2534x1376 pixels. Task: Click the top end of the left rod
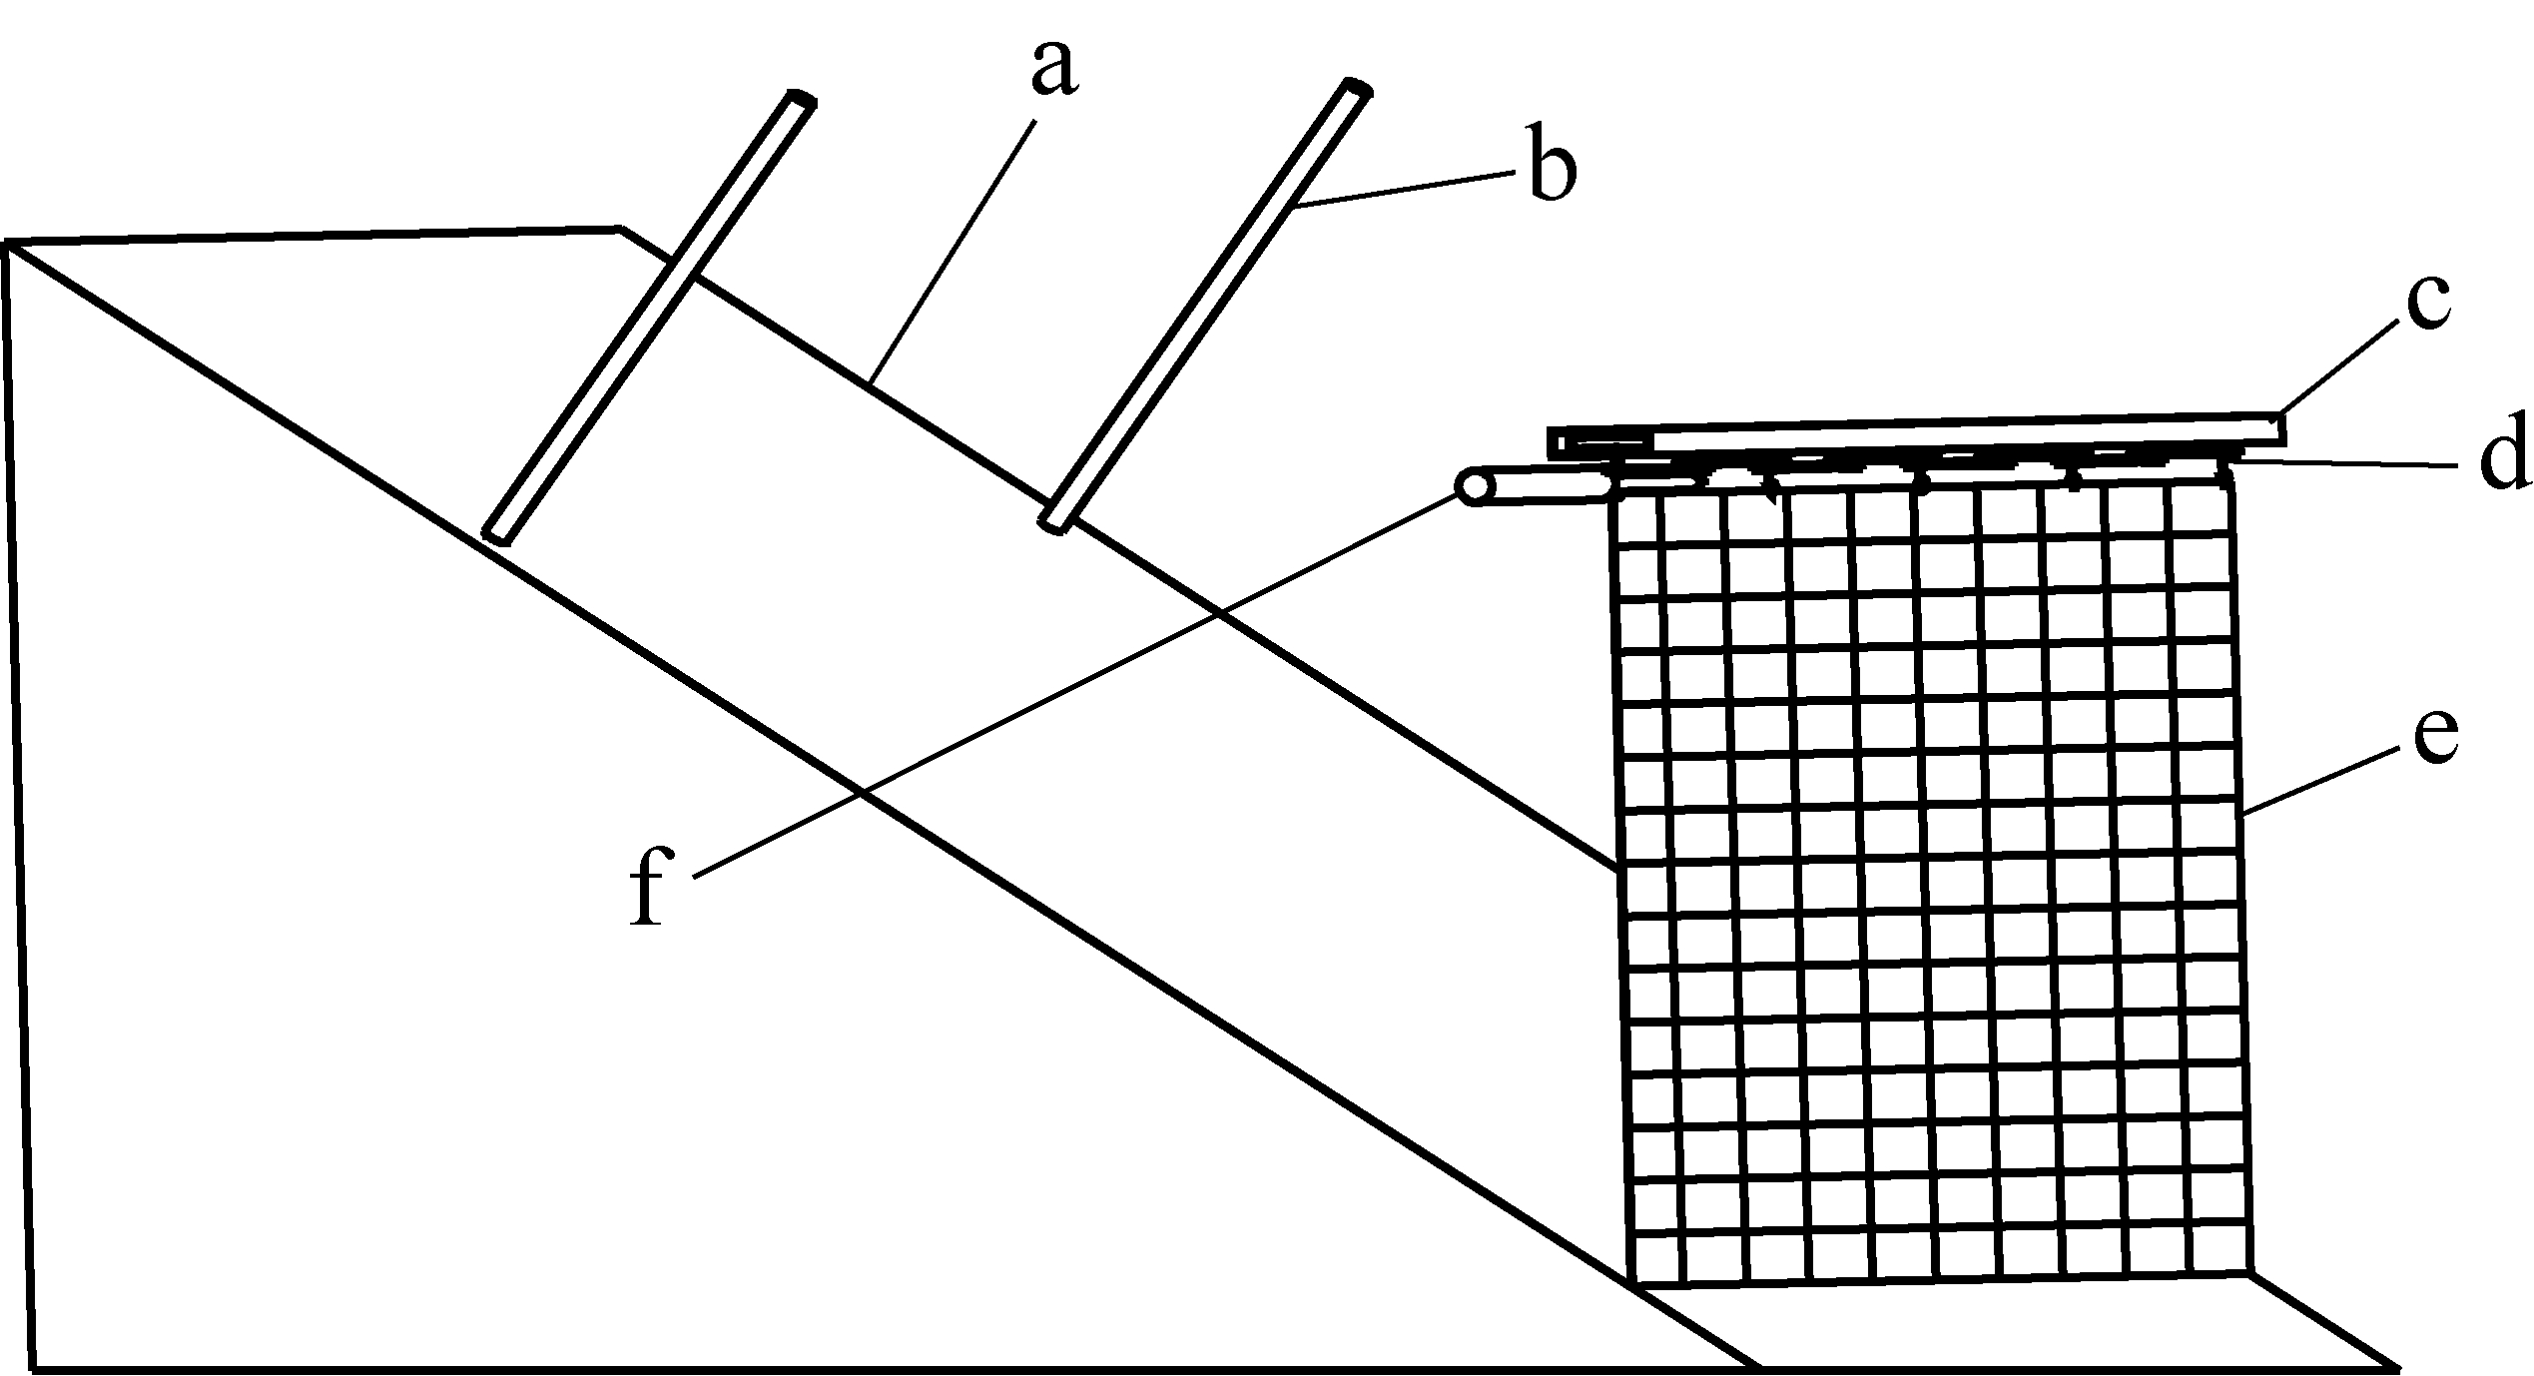(802, 101)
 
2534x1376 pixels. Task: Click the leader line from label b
(1408, 190)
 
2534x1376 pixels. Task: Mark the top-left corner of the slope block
(8, 244)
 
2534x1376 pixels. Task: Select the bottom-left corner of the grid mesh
(1631, 1281)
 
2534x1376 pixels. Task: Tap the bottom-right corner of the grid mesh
(2252, 1273)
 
